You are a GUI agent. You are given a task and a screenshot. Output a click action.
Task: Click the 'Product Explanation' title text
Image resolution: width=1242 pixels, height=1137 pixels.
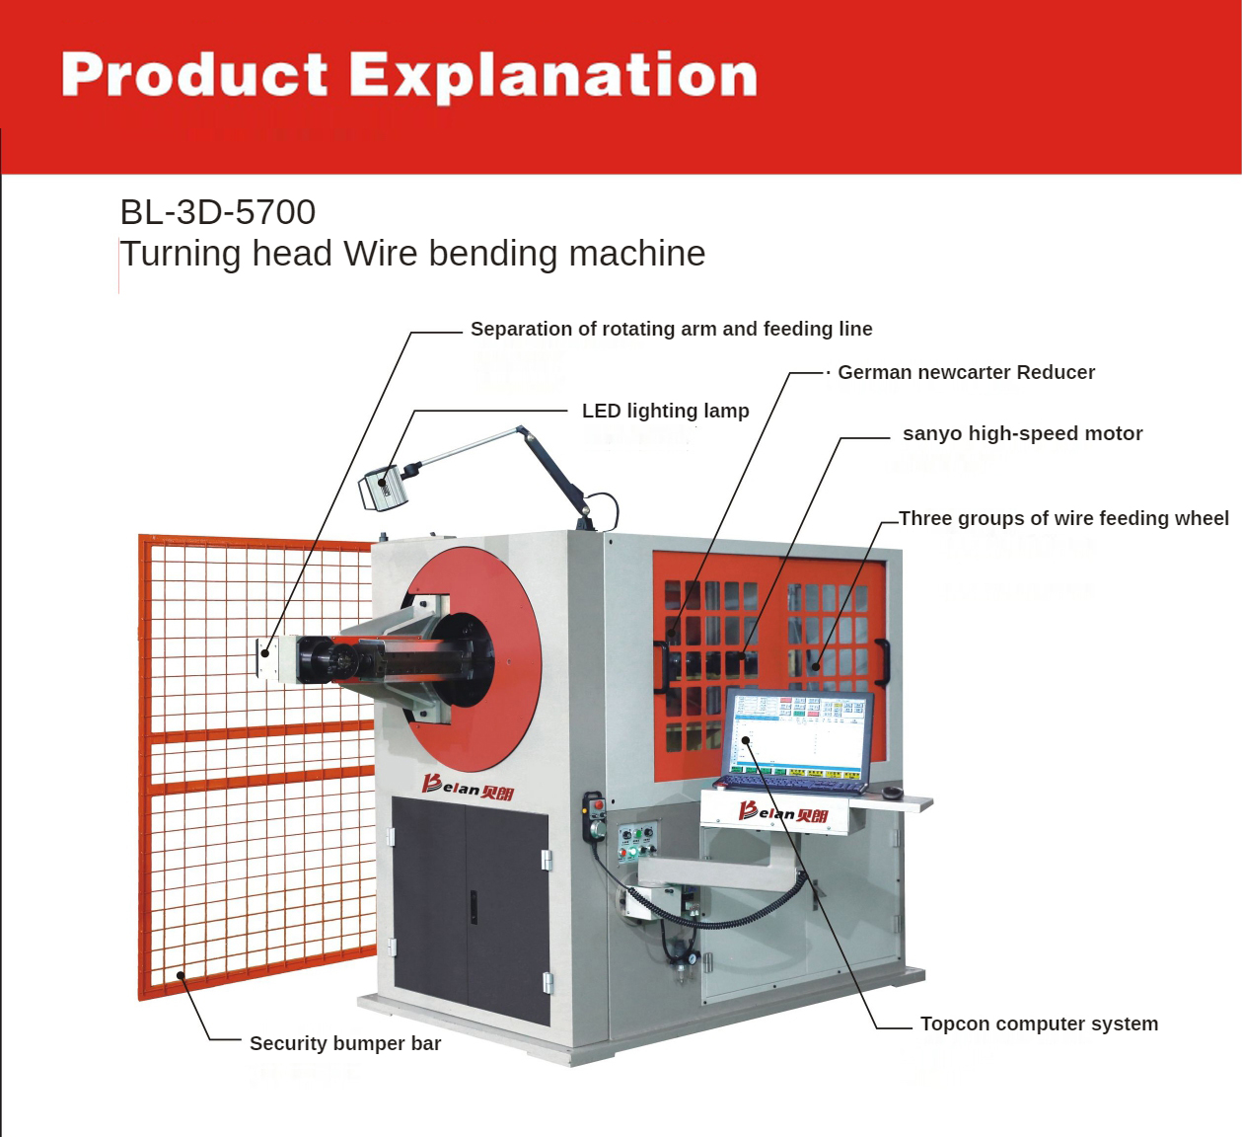[x=408, y=75]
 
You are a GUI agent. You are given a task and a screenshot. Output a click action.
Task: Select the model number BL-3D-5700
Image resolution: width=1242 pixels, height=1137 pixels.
[x=218, y=212]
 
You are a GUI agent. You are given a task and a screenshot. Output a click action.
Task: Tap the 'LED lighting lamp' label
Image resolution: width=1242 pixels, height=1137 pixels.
[x=665, y=411]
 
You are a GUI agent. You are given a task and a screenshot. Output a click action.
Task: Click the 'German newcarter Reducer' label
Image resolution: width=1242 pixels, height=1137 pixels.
[x=966, y=372]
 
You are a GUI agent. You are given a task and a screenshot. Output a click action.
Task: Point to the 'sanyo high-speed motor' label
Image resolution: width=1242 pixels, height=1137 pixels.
[x=1022, y=433]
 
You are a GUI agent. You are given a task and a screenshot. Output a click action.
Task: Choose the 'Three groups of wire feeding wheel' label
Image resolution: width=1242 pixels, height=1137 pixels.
[x=1063, y=518]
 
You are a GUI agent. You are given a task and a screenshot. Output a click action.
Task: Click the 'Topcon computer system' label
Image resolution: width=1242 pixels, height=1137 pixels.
[x=1039, y=1023]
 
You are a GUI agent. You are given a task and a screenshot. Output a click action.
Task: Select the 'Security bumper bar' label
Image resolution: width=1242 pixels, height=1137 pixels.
[x=345, y=1043]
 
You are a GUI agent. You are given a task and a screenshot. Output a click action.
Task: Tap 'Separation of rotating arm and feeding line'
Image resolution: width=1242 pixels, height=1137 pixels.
[x=671, y=329]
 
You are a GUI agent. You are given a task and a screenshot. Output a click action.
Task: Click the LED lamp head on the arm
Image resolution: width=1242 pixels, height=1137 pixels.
[x=384, y=487]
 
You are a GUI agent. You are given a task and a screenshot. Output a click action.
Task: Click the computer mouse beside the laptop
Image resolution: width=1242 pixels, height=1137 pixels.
[x=891, y=792]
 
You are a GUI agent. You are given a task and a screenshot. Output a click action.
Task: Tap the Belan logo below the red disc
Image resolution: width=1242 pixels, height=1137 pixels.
[x=468, y=788]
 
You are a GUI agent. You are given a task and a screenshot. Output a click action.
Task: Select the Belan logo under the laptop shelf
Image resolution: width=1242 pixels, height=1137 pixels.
[x=783, y=812]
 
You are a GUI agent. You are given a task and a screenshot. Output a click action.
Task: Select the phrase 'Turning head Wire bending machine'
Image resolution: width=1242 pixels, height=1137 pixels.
[x=412, y=254]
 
